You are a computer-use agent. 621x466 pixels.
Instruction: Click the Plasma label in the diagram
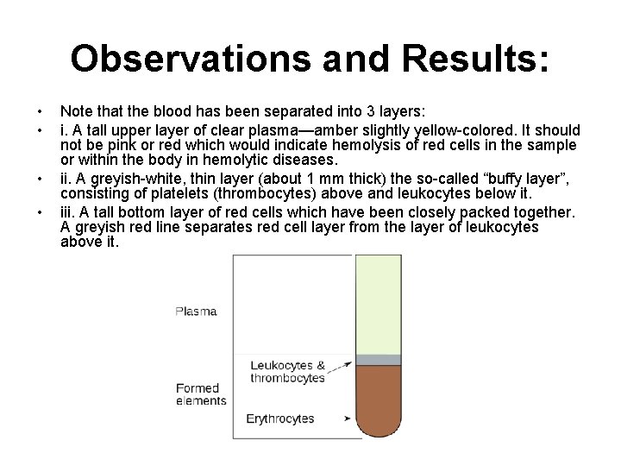(196, 311)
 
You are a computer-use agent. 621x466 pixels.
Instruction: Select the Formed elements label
(200, 394)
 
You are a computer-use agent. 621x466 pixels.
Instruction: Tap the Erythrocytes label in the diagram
(280, 419)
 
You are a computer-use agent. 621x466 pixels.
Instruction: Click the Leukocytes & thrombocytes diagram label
(287, 372)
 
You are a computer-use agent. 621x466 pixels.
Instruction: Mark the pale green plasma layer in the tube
(379, 302)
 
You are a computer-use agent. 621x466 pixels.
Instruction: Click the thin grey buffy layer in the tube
(379, 360)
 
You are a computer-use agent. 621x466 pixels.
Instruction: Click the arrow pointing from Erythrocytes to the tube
(348, 419)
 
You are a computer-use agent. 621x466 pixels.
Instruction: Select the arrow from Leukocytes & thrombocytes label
(341, 368)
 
